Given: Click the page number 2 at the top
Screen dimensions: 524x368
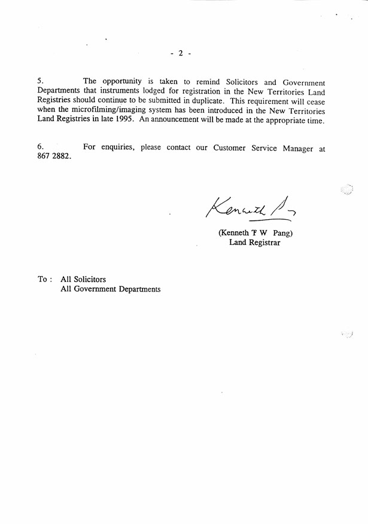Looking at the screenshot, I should [180, 53].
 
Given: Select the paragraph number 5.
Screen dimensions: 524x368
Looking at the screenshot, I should [40, 81].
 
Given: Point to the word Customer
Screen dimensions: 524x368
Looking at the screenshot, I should [230, 148].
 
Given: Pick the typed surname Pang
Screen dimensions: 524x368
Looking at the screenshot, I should [280, 233].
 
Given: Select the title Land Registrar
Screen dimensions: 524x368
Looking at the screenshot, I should [254, 243].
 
